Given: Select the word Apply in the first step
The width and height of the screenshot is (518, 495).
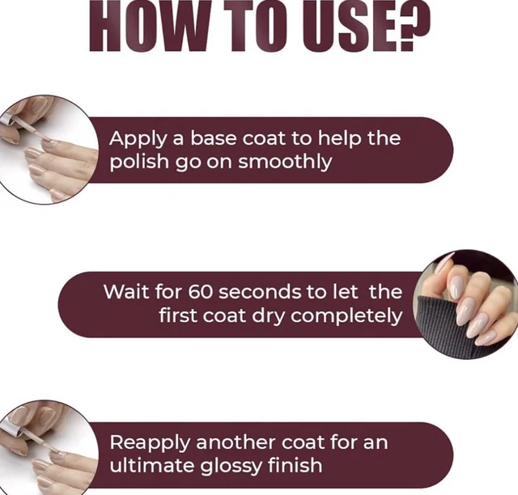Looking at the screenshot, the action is [x=138, y=138].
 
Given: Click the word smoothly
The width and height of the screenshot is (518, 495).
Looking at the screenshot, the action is [x=285, y=162].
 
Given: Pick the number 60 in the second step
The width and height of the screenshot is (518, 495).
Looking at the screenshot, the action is [x=200, y=292].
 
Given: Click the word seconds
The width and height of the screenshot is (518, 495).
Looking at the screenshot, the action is [x=260, y=292].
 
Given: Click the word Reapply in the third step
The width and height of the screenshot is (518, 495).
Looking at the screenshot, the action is [x=150, y=442].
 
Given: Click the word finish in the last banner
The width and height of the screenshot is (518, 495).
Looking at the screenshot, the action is [x=295, y=465].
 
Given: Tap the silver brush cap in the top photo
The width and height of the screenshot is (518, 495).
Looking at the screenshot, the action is [x=7, y=120].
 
